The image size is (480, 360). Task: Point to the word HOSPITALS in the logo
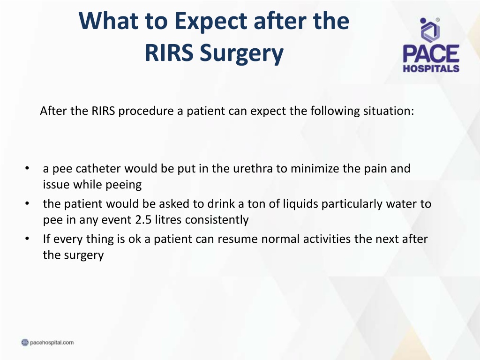[x=431, y=68]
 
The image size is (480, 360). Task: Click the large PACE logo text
[x=431, y=53]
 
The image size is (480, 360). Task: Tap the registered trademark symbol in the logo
[x=437, y=20]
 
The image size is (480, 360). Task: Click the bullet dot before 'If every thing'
[x=27, y=239]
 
